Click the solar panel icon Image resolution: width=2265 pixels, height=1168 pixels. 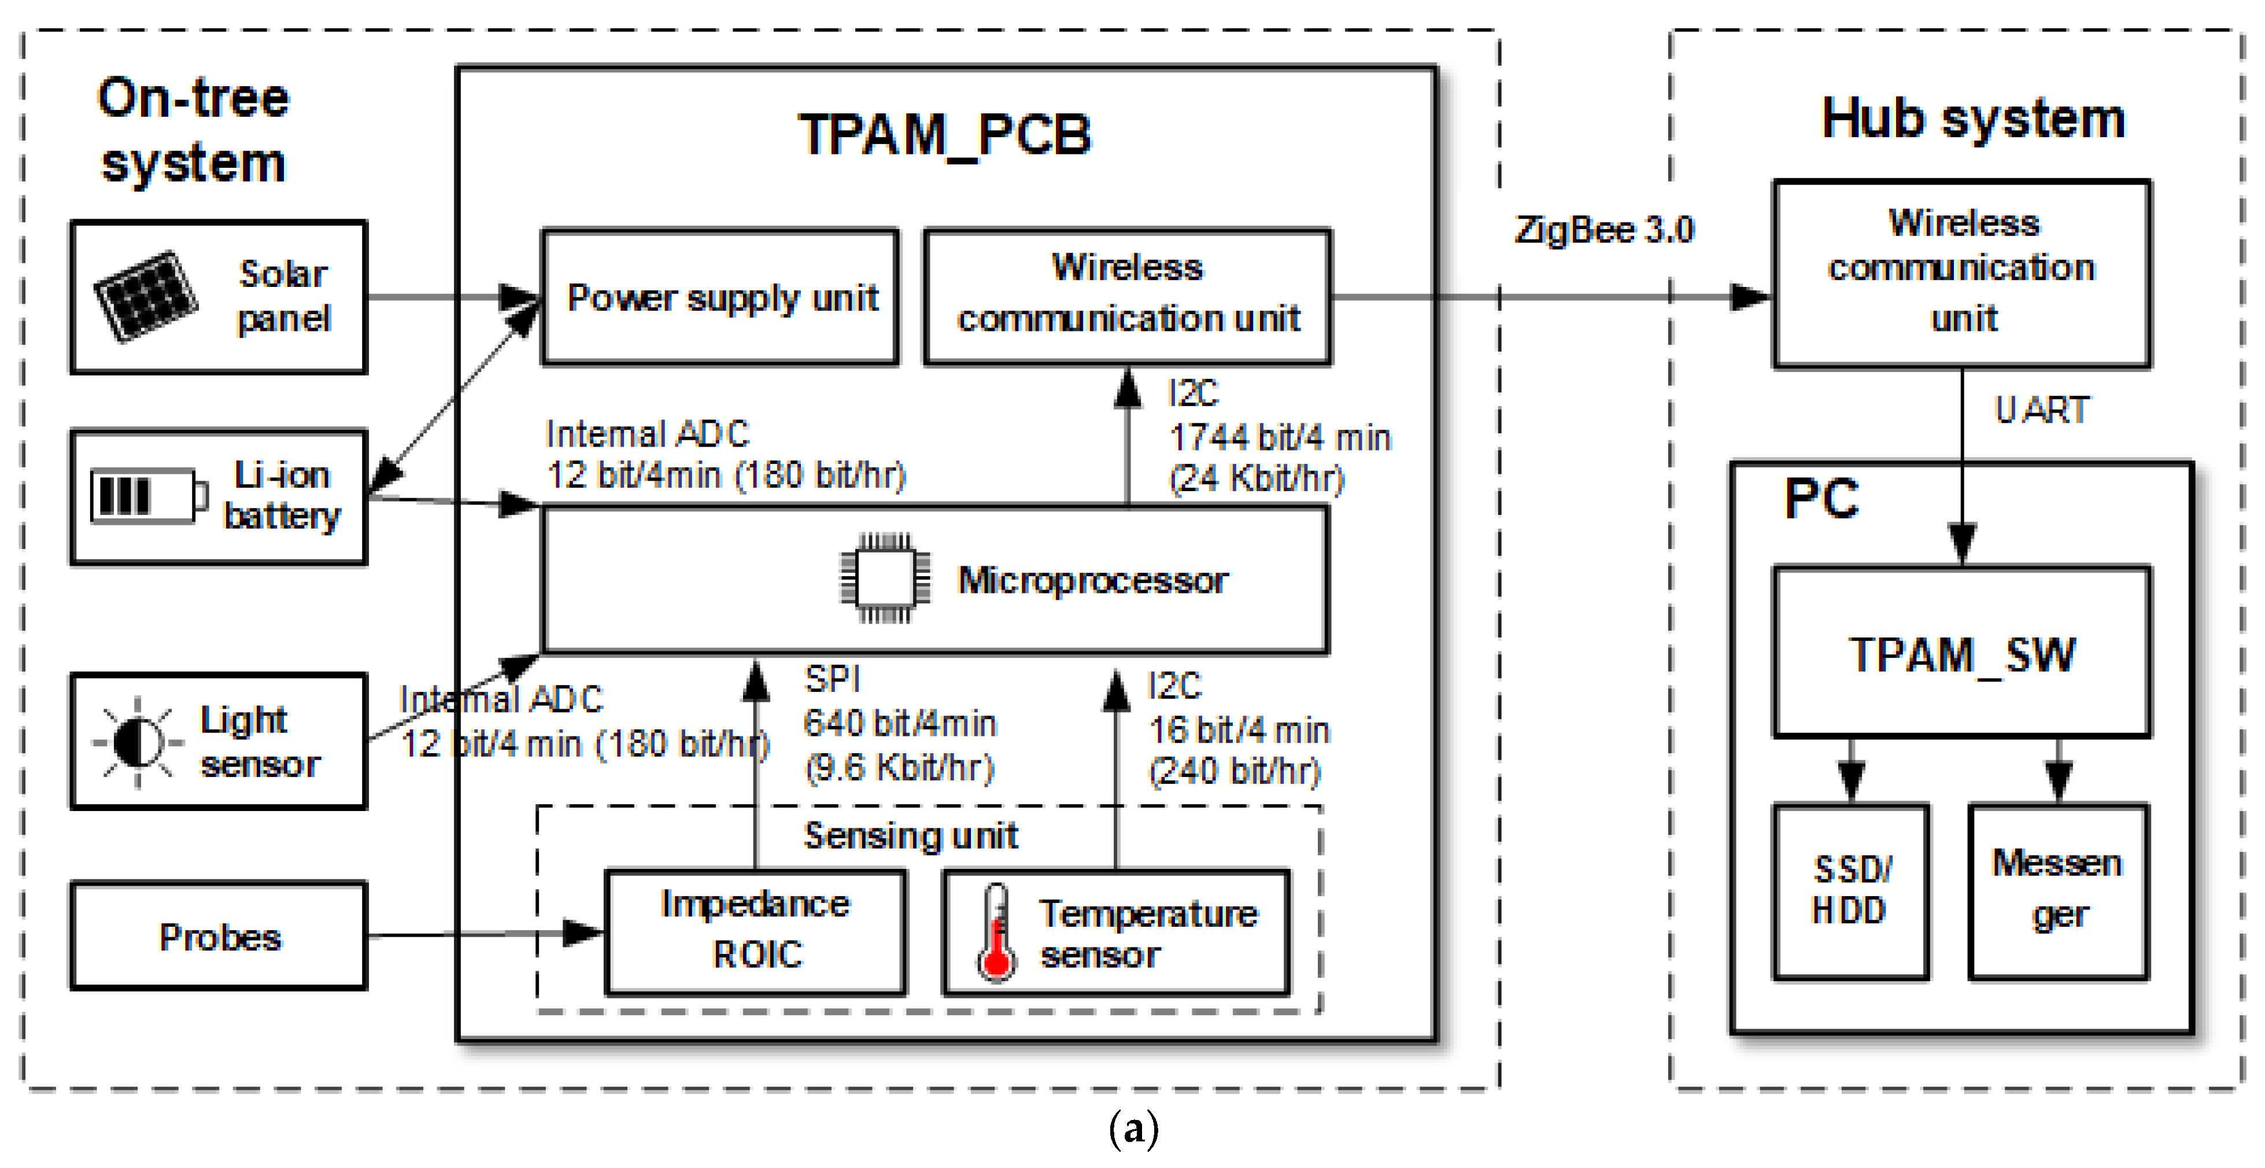tap(146, 296)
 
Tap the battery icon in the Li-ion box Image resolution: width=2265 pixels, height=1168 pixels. tap(147, 496)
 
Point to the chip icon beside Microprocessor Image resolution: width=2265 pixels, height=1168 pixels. tap(885, 579)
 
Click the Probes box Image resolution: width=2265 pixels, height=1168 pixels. tap(219, 937)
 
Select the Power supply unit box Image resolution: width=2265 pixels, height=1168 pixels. tap(721, 297)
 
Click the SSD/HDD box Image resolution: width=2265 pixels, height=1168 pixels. tap(1851, 891)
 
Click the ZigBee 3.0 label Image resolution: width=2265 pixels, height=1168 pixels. tap(1604, 230)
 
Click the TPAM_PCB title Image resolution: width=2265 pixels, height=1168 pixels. tap(944, 135)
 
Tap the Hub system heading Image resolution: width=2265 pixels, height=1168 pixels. tap(1973, 119)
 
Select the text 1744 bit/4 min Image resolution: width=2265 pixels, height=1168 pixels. tap(1279, 437)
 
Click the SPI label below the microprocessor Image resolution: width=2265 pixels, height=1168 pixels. tap(832, 679)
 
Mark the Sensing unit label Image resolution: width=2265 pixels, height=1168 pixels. tap(911, 835)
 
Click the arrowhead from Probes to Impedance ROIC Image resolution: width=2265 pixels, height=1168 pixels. tap(584, 933)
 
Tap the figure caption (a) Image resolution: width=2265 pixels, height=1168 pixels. tap(1133, 1129)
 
